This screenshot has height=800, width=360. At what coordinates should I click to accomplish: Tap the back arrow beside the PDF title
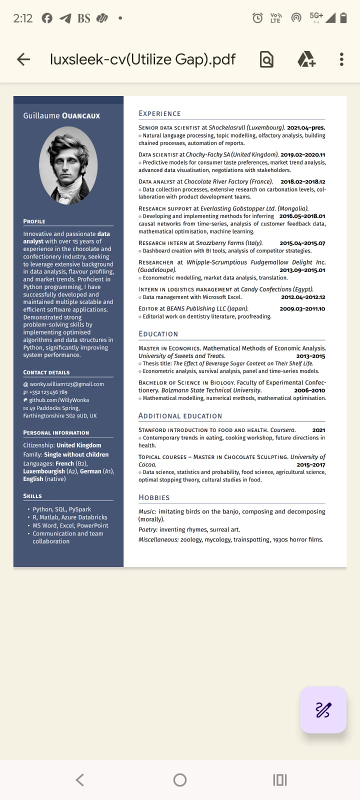click(23, 59)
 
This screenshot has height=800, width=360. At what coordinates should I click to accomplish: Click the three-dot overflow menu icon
click(341, 59)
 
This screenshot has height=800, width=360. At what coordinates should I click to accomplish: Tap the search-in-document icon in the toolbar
click(267, 59)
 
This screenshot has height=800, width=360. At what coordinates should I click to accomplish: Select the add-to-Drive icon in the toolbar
click(306, 59)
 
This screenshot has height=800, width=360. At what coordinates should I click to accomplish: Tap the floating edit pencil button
click(323, 709)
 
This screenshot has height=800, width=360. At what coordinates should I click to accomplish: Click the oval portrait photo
click(68, 165)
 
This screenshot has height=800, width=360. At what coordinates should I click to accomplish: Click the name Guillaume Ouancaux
click(61, 115)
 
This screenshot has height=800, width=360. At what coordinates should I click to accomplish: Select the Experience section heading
click(159, 113)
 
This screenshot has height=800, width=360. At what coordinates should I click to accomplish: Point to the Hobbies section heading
click(154, 497)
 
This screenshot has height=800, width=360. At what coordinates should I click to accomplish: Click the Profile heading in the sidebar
click(34, 221)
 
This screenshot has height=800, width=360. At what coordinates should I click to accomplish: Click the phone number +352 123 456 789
click(48, 392)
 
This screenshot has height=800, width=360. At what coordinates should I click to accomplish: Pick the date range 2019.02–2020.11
click(302, 155)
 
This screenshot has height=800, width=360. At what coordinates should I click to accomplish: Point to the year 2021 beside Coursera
click(318, 430)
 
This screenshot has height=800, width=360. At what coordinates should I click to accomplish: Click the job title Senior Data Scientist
click(169, 128)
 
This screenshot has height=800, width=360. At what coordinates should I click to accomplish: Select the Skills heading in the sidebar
click(32, 496)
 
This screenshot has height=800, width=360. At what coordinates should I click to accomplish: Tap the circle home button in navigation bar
click(179, 779)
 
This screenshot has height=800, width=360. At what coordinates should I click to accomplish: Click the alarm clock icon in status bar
click(257, 18)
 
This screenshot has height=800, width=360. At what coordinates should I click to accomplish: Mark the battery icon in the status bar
click(343, 18)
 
